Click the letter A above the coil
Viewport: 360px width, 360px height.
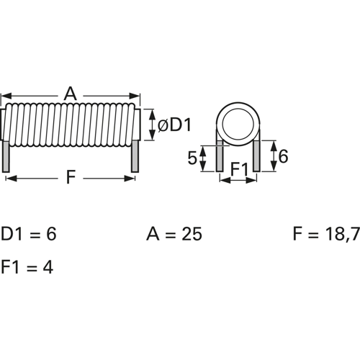(70, 94)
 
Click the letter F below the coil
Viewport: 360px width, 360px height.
(70, 178)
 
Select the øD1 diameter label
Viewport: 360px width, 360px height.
(174, 125)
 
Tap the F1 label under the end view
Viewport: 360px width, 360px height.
(238, 170)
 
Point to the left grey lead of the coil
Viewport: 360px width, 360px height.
(6, 156)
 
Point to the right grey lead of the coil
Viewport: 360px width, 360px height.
(134, 156)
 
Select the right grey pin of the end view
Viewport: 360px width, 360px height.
(256, 156)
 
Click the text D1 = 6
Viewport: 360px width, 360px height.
(29, 235)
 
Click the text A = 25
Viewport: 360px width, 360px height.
(174, 235)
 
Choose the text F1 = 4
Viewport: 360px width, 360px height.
(27, 267)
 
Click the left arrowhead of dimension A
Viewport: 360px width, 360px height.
(5, 95)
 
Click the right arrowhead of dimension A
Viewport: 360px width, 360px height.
(135, 95)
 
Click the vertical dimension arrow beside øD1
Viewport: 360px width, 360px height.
(151, 125)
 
